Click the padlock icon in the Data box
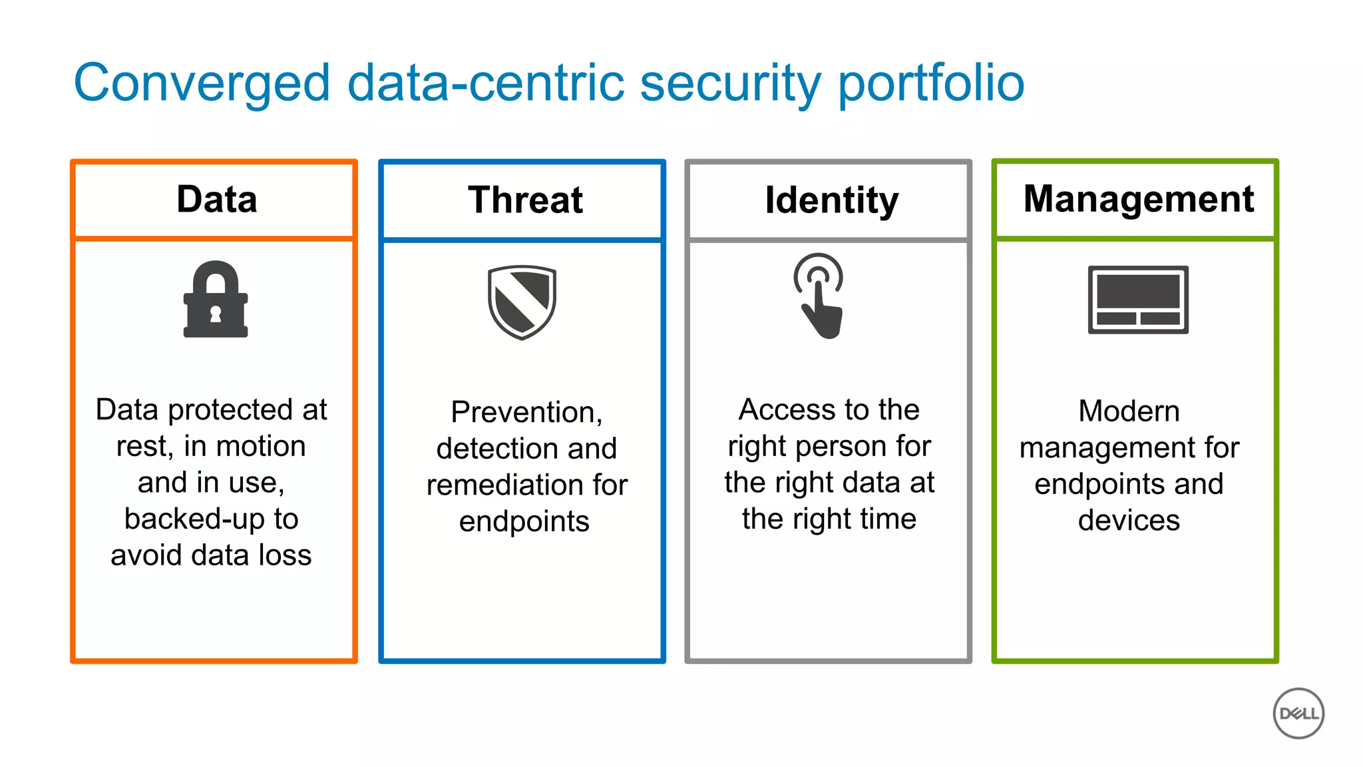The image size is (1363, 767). click(216, 300)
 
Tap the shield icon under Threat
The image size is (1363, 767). click(522, 302)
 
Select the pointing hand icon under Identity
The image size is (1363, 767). click(819, 297)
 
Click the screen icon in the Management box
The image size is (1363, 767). click(1138, 300)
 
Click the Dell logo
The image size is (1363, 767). click(1298, 713)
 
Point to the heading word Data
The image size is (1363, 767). click(217, 199)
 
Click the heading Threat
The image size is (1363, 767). click(525, 200)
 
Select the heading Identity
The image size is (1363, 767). click(831, 200)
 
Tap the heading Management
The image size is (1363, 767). click(1139, 198)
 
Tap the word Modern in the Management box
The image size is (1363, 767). click(1129, 411)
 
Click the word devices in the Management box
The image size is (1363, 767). click(1129, 520)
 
